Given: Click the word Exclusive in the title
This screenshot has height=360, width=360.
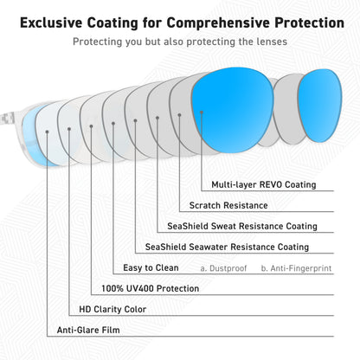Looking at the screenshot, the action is click(51, 22).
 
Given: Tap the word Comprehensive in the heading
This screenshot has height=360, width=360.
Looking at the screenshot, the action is click(218, 23).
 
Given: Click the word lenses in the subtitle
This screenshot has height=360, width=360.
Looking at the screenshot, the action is click(272, 42).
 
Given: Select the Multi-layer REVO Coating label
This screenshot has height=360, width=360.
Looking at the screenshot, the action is click(264, 184).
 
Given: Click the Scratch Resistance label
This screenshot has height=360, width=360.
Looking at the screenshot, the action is click(228, 205).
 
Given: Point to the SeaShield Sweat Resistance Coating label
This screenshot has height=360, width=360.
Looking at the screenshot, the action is click(242, 226).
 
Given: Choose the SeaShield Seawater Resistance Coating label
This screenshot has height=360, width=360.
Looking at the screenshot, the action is click(227, 247).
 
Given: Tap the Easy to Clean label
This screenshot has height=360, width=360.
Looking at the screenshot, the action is click(151, 267).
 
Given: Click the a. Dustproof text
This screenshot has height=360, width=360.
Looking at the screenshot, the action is click(223, 268).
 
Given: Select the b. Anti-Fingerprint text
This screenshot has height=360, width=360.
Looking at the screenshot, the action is click(296, 268).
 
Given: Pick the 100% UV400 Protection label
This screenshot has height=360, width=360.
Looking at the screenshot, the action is click(151, 288).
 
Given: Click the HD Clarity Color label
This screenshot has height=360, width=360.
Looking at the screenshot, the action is click(112, 309).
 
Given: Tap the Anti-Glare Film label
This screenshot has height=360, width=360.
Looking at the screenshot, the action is click(88, 330).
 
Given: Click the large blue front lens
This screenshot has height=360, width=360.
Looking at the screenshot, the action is click(233, 110).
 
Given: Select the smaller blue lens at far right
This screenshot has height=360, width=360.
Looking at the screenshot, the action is click(319, 106).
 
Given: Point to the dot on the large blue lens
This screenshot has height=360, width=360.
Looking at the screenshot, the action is click(202, 112).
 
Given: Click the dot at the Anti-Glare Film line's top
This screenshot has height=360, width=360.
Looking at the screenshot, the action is click(47, 132).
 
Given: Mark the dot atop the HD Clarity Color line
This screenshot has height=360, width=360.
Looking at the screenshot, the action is click(69, 129).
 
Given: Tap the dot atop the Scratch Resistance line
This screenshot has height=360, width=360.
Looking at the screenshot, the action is click(179, 115).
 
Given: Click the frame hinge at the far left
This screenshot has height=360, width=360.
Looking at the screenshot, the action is click(7, 119).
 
